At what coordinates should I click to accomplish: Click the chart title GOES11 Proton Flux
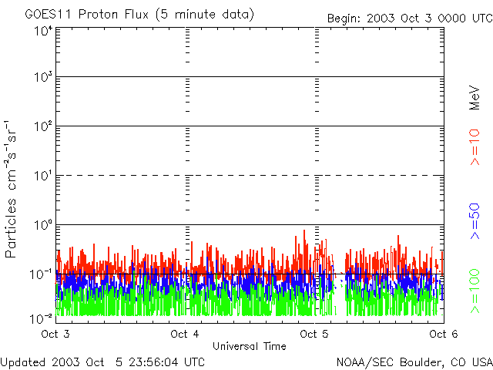(139, 15)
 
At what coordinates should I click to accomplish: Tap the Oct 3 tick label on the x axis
(55, 334)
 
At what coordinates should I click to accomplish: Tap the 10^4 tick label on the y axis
(42, 30)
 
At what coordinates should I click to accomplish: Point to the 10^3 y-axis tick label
(42, 79)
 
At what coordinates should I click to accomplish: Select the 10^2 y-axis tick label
(42, 127)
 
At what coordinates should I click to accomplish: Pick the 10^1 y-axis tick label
(42, 177)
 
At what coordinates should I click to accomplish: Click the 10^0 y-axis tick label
(42, 226)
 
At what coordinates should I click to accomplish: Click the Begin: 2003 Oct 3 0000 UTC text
(408, 18)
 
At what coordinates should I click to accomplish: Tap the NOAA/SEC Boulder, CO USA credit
(414, 362)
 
